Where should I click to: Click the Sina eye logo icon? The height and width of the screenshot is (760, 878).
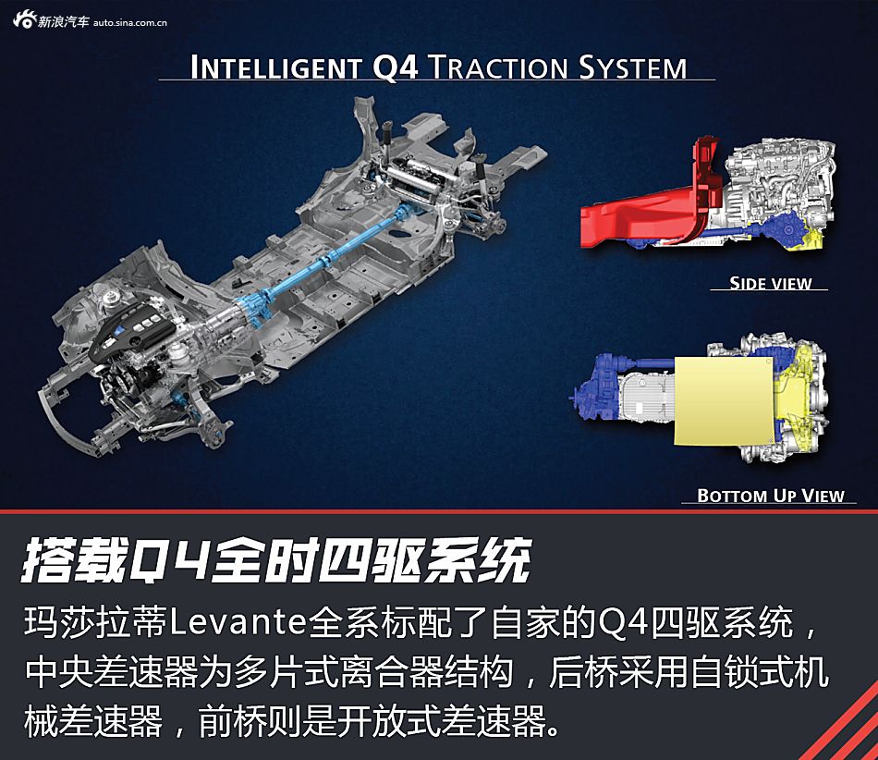tap(24, 20)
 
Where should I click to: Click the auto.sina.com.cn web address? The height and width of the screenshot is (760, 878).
tap(130, 22)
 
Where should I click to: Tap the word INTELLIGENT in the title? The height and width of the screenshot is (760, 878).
tap(274, 67)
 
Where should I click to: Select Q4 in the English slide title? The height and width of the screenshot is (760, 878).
tap(395, 67)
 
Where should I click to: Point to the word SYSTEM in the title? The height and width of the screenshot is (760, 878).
tap(633, 67)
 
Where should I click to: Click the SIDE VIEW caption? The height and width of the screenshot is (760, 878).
tap(771, 283)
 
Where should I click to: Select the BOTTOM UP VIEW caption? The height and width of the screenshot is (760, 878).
tap(771, 495)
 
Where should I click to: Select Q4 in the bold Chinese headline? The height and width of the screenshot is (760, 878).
tap(170, 560)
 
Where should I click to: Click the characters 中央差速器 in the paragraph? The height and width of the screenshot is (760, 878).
tap(112, 671)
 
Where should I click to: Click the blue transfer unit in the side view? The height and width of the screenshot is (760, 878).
tap(783, 228)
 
